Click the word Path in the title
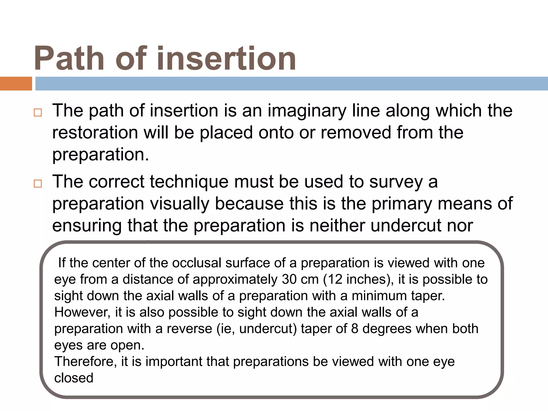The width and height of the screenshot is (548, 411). point(69,58)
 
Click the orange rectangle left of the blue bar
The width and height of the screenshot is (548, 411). point(16,83)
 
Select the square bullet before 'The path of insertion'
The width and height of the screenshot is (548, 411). point(38,112)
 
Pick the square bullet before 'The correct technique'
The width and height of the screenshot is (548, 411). point(38,184)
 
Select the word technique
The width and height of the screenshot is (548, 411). point(189,182)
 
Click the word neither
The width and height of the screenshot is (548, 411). point(337,226)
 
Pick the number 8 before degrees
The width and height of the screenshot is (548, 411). point(355,329)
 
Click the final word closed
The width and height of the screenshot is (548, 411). point(74,378)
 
